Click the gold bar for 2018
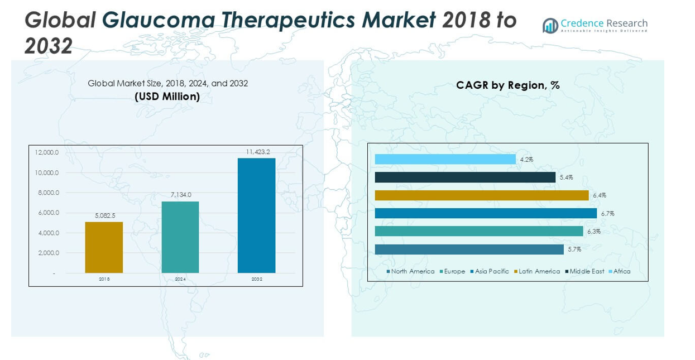coord(104,247)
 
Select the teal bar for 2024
coord(180,237)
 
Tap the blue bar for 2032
coord(256,215)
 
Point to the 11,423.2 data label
coord(258,152)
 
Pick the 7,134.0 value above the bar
coord(180,195)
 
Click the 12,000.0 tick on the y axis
coord(47,152)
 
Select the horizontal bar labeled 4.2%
coord(445,159)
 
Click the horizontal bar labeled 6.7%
coord(486,213)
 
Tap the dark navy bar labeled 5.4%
coord(465,177)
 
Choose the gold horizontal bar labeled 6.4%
coord(481,195)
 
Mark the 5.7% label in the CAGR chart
coord(574,249)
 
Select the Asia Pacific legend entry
coord(491,271)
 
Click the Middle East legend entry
coord(586,271)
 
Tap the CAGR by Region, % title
coord(507,85)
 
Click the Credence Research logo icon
coord(550,26)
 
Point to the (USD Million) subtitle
coord(167,96)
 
